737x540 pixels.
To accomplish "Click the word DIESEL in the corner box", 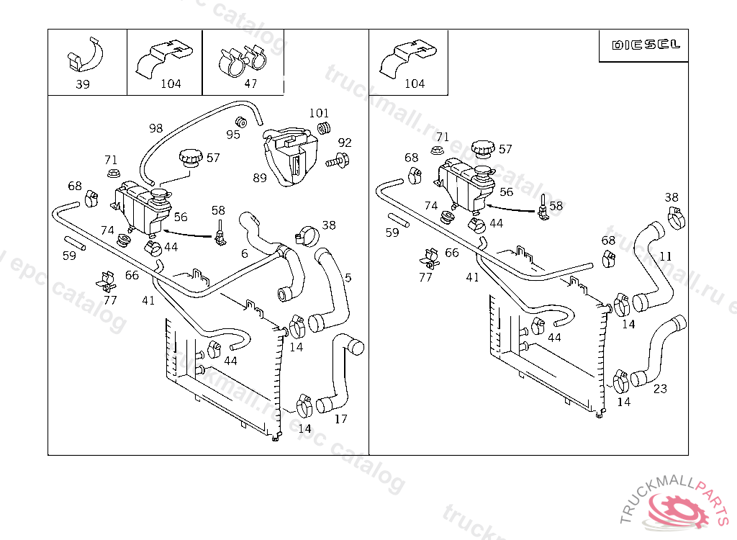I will tap(646, 45).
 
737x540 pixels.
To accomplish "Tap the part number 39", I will tap(83, 84).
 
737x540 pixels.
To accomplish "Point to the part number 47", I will tap(250, 84).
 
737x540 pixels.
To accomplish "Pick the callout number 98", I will tap(156, 128).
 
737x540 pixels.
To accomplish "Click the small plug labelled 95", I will tap(243, 121).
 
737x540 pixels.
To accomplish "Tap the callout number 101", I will tap(319, 113).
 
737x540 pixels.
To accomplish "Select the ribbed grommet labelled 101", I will tap(325, 128).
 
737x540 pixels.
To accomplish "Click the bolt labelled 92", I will tap(339, 161).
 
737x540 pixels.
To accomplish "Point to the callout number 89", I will tap(260, 176).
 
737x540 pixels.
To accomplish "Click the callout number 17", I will tap(341, 418).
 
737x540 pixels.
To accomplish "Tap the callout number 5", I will tap(348, 277).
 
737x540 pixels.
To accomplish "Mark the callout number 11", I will tap(666, 256).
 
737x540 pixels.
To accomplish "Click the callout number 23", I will tap(660, 389).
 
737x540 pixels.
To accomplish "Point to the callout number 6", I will tap(245, 253).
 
